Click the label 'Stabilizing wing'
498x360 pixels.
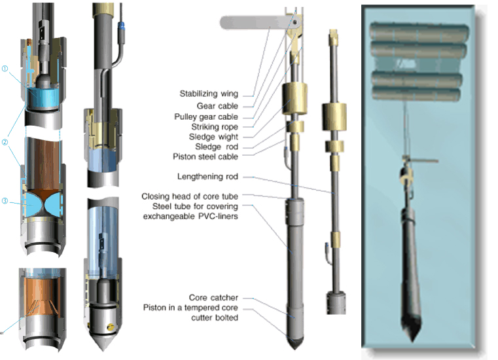point(208,94)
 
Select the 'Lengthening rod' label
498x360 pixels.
point(208,177)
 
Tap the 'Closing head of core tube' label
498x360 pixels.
point(190,197)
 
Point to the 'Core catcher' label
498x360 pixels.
point(213,297)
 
